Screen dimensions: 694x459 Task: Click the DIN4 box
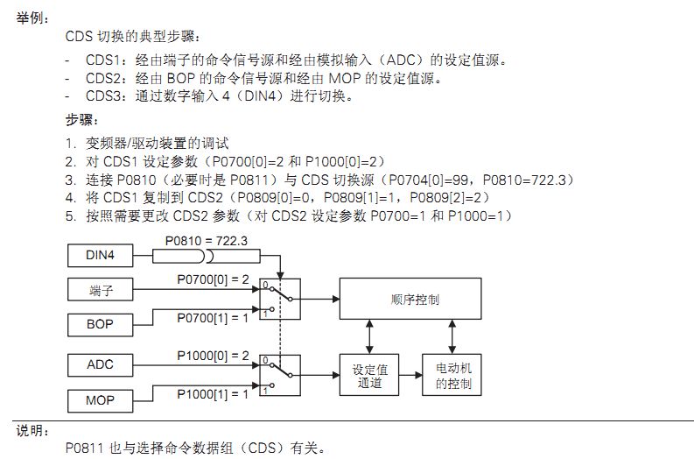(x=100, y=255)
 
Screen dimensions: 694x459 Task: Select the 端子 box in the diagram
(x=100, y=290)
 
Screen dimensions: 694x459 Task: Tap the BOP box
(x=100, y=325)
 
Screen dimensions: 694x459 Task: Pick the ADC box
(x=100, y=365)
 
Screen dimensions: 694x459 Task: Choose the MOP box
(x=100, y=401)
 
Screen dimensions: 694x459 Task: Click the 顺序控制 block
(x=410, y=299)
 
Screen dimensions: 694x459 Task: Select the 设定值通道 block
(x=369, y=375)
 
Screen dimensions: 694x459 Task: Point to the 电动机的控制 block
(x=452, y=375)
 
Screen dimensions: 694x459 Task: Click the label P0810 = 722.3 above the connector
(x=207, y=241)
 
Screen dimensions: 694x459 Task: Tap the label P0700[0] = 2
(x=213, y=279)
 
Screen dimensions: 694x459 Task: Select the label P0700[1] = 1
(x=213, y=318)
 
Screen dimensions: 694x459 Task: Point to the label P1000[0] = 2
(x=213, y=356)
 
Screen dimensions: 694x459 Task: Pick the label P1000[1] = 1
(x=213, y=394)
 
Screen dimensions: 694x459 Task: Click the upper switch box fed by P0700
(x=280, y=299)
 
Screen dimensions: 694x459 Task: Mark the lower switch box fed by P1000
(x=280, y=375)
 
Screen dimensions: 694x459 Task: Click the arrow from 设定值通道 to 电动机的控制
(x=410, y=375)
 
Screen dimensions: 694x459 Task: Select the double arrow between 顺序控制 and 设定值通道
(x=369, y=336)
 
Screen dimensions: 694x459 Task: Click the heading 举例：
(x=32, y=18)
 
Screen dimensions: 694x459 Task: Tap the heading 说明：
(x=32, y=431)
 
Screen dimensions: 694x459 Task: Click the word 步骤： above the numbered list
(x=82, y=120)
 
